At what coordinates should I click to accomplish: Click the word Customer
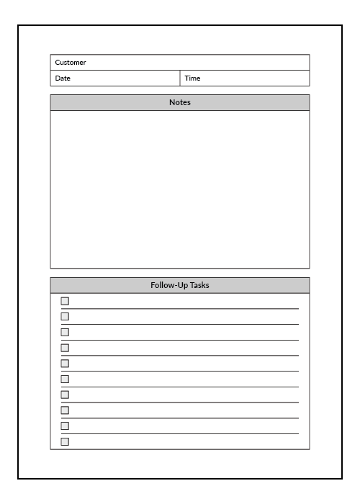coord(71,63)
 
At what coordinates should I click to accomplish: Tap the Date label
coord(63,78)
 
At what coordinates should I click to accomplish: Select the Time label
coord(192,78)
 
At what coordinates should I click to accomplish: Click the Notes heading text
coord(180,102)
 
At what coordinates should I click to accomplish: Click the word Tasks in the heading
coord(199,285)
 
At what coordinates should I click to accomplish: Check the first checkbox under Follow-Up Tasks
coord(65,301)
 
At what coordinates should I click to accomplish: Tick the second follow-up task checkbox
coord(65,316)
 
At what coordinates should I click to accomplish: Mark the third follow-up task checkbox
coord(65,332)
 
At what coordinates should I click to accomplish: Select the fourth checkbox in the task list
coord(65,348)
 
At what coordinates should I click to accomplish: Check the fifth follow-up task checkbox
coord(65,363)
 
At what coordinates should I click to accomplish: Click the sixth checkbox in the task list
coord(65,379)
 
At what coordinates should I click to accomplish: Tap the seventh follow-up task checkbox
coord(65,395)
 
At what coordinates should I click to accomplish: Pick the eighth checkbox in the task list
coord(65,410)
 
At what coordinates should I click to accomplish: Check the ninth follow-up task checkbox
coord(65,426)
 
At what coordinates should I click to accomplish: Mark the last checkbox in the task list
coord(65,441)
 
